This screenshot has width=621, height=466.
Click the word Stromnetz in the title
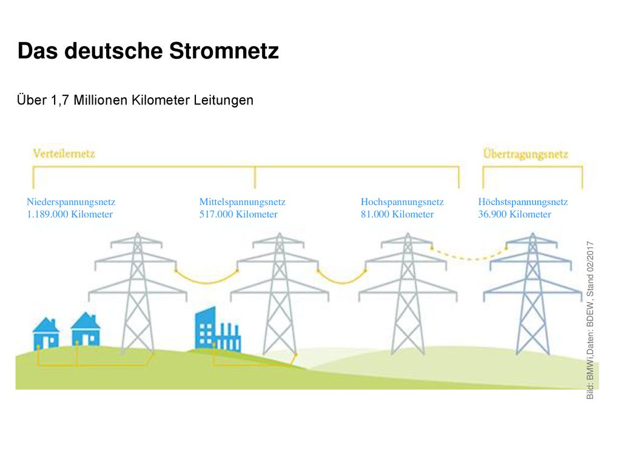coord(224,51)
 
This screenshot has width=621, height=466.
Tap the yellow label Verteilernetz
coord(64,154)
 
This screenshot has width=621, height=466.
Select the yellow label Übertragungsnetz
coord(526,154)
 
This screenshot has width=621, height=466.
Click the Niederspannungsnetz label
coord(71,201)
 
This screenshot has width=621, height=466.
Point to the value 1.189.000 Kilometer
coord(70,214)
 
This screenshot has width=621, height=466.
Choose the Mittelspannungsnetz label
coord(243,201)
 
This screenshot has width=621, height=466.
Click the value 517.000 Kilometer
coord(238,214)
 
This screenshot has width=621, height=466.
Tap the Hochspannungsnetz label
coord(403,201)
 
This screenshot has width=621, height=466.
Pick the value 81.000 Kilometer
coord(397,214)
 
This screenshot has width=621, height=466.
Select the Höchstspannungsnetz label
coord(523,201)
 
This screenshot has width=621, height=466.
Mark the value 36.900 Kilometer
coord(515,214)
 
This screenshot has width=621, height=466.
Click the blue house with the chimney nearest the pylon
coord(86,329)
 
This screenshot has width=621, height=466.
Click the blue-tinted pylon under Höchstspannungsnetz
coord(532,293)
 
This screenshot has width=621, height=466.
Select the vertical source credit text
coord(590,320)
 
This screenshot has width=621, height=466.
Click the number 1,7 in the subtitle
coord(60,100)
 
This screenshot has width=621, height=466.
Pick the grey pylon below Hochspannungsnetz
coord(408,293)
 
